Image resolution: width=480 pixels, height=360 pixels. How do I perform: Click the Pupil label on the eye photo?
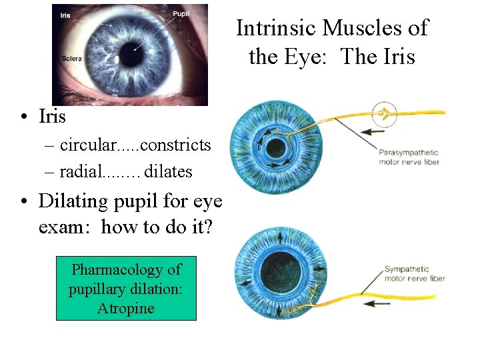[181, 13]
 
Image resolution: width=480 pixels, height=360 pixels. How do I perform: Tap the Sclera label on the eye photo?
[71, 59]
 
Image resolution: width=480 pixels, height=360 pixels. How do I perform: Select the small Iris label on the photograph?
[65, 14]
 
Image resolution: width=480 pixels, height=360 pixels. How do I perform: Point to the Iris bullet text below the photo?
[53, 117]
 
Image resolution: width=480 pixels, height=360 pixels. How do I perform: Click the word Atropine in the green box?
[126, 308]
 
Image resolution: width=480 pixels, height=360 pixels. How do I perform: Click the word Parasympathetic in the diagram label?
[409, 153]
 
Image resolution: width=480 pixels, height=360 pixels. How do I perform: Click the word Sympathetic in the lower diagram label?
[407, 269]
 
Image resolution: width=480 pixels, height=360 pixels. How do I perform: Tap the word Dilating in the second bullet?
[71, 201]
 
